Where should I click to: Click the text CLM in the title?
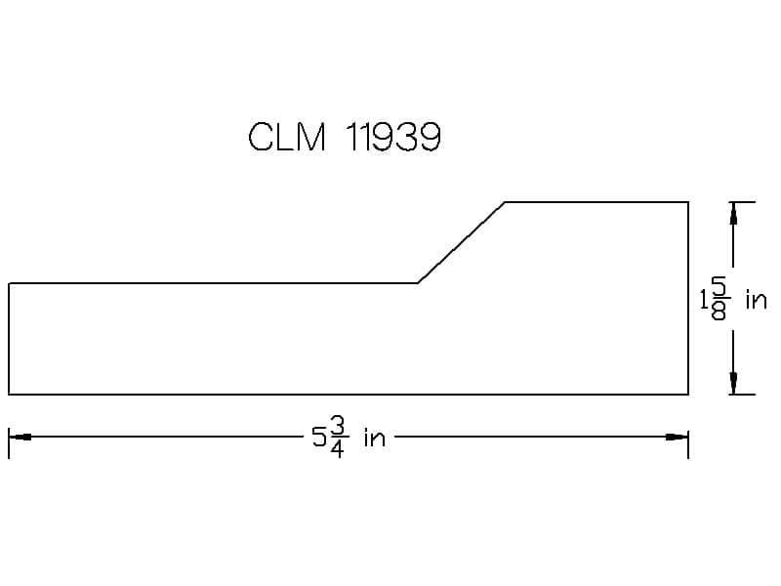[287, 137]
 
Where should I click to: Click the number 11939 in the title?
[393, 137]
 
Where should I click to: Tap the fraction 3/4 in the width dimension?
[337, 438]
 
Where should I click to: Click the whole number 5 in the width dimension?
[319, 438]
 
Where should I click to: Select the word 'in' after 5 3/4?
[375, 438]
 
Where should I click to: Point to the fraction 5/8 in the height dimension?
[719, 300]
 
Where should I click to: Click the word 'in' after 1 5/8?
[756, 300]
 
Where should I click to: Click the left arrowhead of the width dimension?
[20, 437]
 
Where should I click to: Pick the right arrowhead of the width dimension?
[678, 437]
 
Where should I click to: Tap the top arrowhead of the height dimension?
[733, 213]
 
